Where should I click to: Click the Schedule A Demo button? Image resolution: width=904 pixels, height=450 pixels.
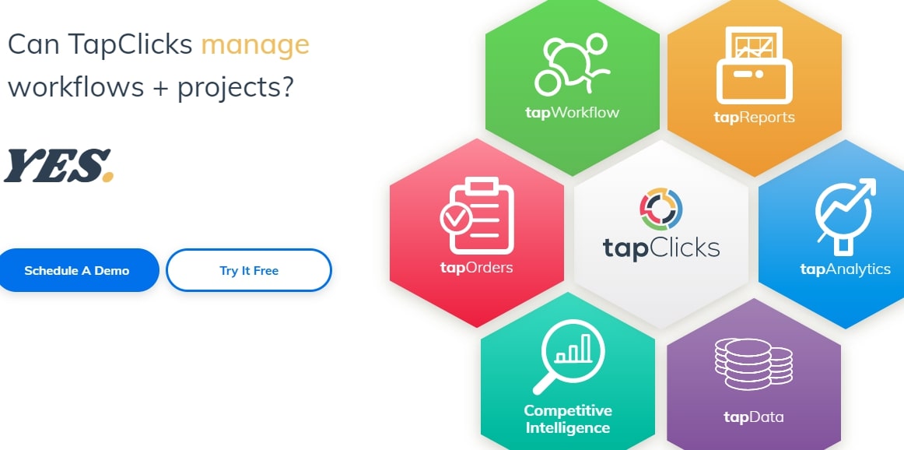[x=77, y=270]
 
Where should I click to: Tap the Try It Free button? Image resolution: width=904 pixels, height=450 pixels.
[x=249, y=270]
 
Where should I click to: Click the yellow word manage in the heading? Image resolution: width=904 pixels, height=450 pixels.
[x=255, y=45]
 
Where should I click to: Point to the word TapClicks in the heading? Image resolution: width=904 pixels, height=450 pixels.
[x=130, y=44]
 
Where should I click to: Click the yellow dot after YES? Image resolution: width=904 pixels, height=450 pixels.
[x=108, y=177]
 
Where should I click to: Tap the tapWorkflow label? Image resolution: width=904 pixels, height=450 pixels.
[x=573, y=111]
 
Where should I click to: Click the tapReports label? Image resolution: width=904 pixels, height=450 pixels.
[x=754, y=118]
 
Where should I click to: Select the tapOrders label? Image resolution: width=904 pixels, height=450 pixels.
[x=476, y=268]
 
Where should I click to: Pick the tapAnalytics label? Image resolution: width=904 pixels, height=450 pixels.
[x=845, y=269]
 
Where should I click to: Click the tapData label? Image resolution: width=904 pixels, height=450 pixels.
[x=754, y=417]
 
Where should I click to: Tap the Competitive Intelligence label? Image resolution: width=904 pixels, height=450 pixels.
[x=568, y=420]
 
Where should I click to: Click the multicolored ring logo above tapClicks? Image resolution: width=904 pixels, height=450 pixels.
[x=661, y=209]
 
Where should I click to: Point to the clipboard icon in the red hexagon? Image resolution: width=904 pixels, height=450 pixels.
[x=478, y=216]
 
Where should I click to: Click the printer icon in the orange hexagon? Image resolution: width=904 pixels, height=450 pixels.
[x=754, y=65]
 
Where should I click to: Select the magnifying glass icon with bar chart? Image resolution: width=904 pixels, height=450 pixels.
[x=568, y=357]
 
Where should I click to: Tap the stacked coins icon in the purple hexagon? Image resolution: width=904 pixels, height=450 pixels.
[x=754, y=364]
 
